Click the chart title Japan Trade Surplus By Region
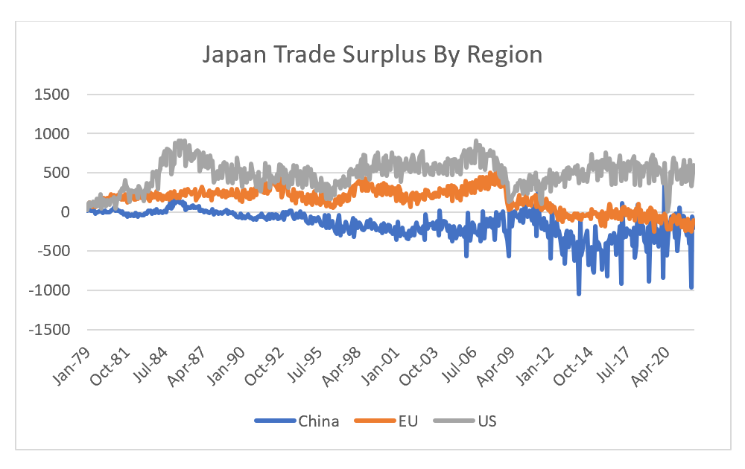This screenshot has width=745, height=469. click(372, 55)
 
